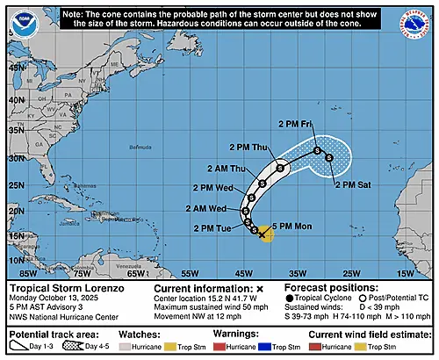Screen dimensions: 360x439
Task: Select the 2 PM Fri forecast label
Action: pos(296,124)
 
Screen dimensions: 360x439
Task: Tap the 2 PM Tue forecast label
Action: pos(212,229)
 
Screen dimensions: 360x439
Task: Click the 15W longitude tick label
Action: pos(404,274)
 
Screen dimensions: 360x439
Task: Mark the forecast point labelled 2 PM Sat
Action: pos(328,158)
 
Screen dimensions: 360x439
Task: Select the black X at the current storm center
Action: pos(261,234)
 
